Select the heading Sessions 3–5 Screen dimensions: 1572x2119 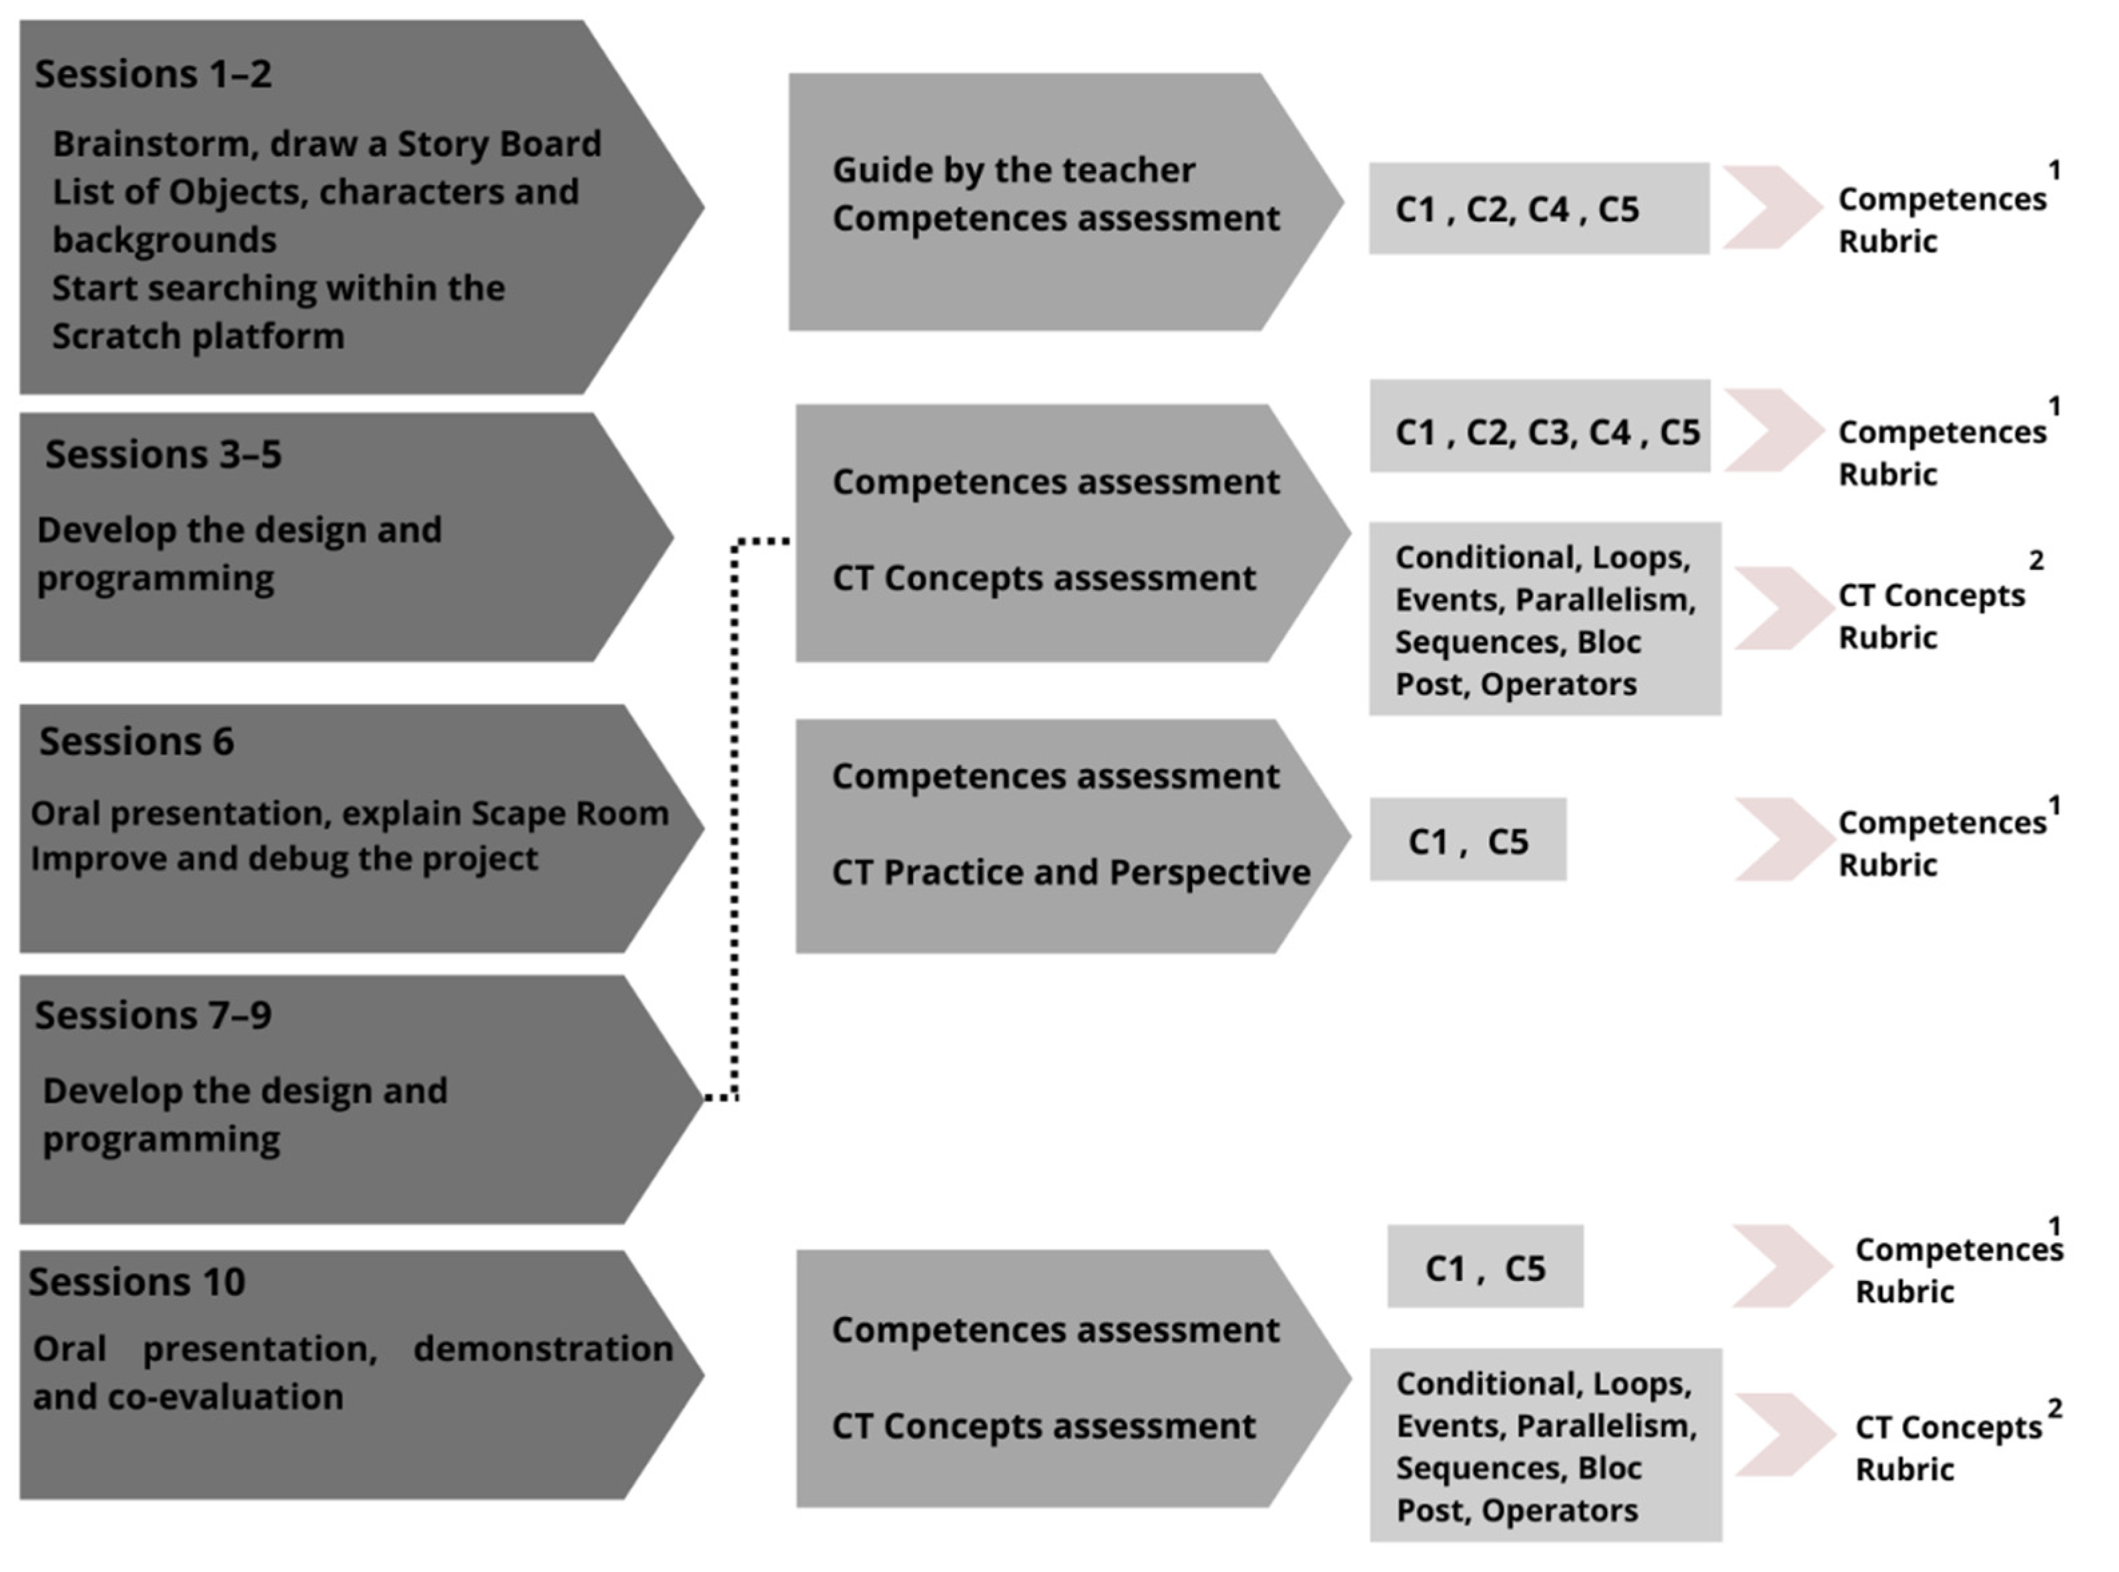(163, 454)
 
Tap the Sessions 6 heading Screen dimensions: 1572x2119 (136, 740)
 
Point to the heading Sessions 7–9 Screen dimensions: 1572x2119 (154, 1015)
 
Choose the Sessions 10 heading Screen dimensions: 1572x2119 (136, 1281)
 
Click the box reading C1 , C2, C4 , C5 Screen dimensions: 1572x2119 (1538, 208)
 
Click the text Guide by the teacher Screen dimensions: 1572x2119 (1012, 170)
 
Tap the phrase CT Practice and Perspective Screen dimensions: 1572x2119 (1071, 872)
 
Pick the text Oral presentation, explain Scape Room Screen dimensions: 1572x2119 (349, 814)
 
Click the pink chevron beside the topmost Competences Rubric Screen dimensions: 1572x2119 (1772, 208)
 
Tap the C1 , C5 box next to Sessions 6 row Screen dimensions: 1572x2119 (1467, 839)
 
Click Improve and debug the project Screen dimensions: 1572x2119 (284, 858)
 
